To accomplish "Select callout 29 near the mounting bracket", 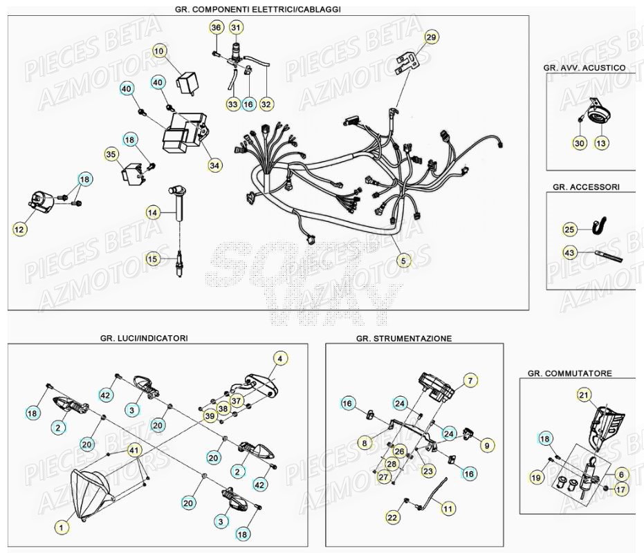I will tap(431, 37).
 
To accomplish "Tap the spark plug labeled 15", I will tap(179, 265).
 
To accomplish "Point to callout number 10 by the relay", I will tap(159, 50).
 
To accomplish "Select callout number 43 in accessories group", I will tap(569, 253).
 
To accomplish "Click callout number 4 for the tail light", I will tap(279, 358).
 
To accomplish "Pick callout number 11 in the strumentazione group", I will tap(448, 508).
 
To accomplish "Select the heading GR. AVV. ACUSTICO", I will tap(585, 68).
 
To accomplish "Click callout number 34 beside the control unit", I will tap(215, 165).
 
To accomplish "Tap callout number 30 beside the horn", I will tap(580, 142).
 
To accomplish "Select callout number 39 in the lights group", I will tap(209, 416).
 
